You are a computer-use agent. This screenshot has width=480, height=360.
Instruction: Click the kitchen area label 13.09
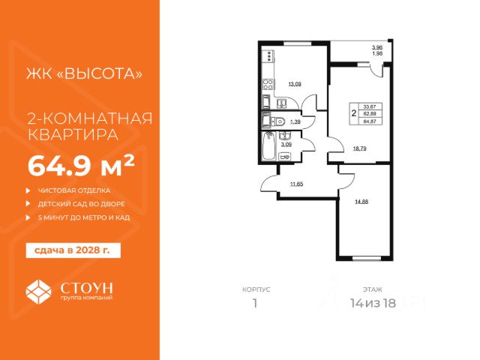pyautogui.click(x=295, y=84)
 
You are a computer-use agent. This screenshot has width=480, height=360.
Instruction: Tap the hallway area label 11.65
pyautogui.click(x=297, y=184)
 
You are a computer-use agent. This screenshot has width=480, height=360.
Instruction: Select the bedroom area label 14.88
pyautogui.click(x=361, y=202)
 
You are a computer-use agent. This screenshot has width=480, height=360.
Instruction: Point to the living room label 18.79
pyautogui.click(x=360, y=148)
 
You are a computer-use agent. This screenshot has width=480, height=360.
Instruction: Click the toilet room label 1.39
pyautogui.click(x=295, y=121)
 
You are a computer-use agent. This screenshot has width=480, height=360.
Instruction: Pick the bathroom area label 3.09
pyautogui.click(x=286, y=145)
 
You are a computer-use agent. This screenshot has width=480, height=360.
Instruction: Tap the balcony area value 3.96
pyautogui.click(x=377, y=47)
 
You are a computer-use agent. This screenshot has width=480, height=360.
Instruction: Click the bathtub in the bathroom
pyautogui.click(x=269, y=146)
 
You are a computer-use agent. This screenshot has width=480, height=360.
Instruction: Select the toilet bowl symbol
pyautogui.click(x=278, y=121)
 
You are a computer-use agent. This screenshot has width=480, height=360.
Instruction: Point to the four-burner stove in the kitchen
pyautogui.click(x=268, y=84)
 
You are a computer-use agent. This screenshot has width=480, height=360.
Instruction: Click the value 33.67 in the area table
pyautogui.click(x=370, y=106)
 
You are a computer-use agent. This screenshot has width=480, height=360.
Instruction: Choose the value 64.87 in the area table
pyautogui.click(x=370, y=121)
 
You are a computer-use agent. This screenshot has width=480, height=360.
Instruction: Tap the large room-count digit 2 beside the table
pyautogui.click(x=354, y=113)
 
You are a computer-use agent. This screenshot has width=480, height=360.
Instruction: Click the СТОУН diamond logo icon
pyautogui.click(x=38, y=292)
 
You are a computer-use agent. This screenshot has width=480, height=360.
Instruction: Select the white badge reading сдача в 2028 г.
pyautogui.click(x=73, y=250)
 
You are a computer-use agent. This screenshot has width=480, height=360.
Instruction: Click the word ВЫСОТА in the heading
pyautogui.click(x=100, y=73)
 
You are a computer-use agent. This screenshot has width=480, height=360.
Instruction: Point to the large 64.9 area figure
pyautogui.click(x=60, y=166)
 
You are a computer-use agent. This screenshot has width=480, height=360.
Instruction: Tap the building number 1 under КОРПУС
pyautogui.click(x=255, y=303)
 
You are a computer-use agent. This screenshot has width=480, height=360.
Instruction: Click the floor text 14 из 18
pyautogui.click(x=373, y=303)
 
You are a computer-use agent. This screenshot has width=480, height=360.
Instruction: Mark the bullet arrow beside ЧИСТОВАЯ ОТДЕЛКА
pyautogui.click(x=28, y=190)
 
